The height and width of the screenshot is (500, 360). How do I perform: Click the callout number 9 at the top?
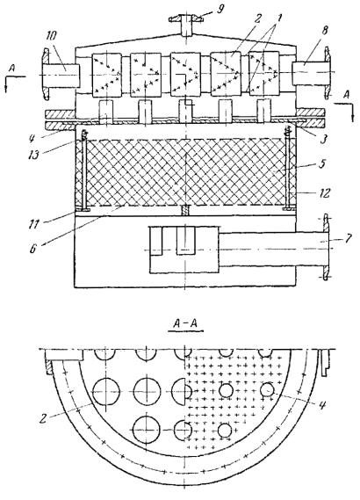[220, 9]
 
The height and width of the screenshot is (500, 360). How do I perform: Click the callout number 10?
[51, 36]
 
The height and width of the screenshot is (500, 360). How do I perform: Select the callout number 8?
[325, 32]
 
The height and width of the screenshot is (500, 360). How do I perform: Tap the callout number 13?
[33, 154]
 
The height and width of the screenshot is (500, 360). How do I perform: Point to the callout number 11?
[32, 224]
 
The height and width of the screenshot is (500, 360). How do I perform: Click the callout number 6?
[32, 249]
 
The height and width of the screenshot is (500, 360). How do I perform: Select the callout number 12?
[324, 193]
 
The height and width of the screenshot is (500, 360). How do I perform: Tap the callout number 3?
[324, 140]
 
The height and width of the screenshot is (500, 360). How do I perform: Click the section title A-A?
[185, 324]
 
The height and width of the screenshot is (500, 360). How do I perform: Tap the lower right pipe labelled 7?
[274, 249]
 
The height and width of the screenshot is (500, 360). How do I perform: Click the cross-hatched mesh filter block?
[186, 172]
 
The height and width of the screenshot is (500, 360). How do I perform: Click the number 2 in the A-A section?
[43, 418]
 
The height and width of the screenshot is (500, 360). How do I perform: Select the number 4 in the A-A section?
[322, 405]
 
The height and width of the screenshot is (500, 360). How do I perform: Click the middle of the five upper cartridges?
[185, 75]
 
